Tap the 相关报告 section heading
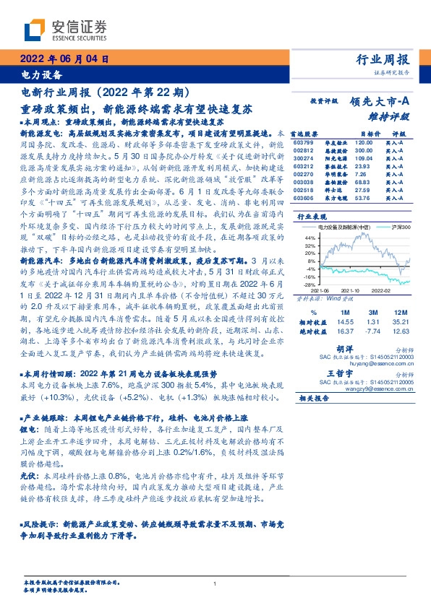(x=315, y=398)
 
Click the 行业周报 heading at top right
(x=383, y=60)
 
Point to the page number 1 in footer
(x=215, y=584)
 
